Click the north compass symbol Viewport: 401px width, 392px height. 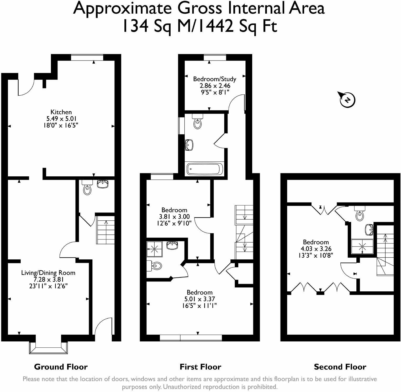347,100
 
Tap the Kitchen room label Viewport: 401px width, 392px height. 61,112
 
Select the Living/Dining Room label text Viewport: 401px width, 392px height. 48,273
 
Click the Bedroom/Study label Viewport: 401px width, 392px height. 214,79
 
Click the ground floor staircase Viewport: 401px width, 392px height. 105,230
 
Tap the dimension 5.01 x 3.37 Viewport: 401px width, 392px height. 199,299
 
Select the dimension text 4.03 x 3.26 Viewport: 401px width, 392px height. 316,249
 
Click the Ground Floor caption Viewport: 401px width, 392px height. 61,367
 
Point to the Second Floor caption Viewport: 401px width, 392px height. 340,367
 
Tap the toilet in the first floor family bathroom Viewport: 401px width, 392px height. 197,122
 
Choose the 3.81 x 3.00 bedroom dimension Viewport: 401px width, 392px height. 174,217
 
